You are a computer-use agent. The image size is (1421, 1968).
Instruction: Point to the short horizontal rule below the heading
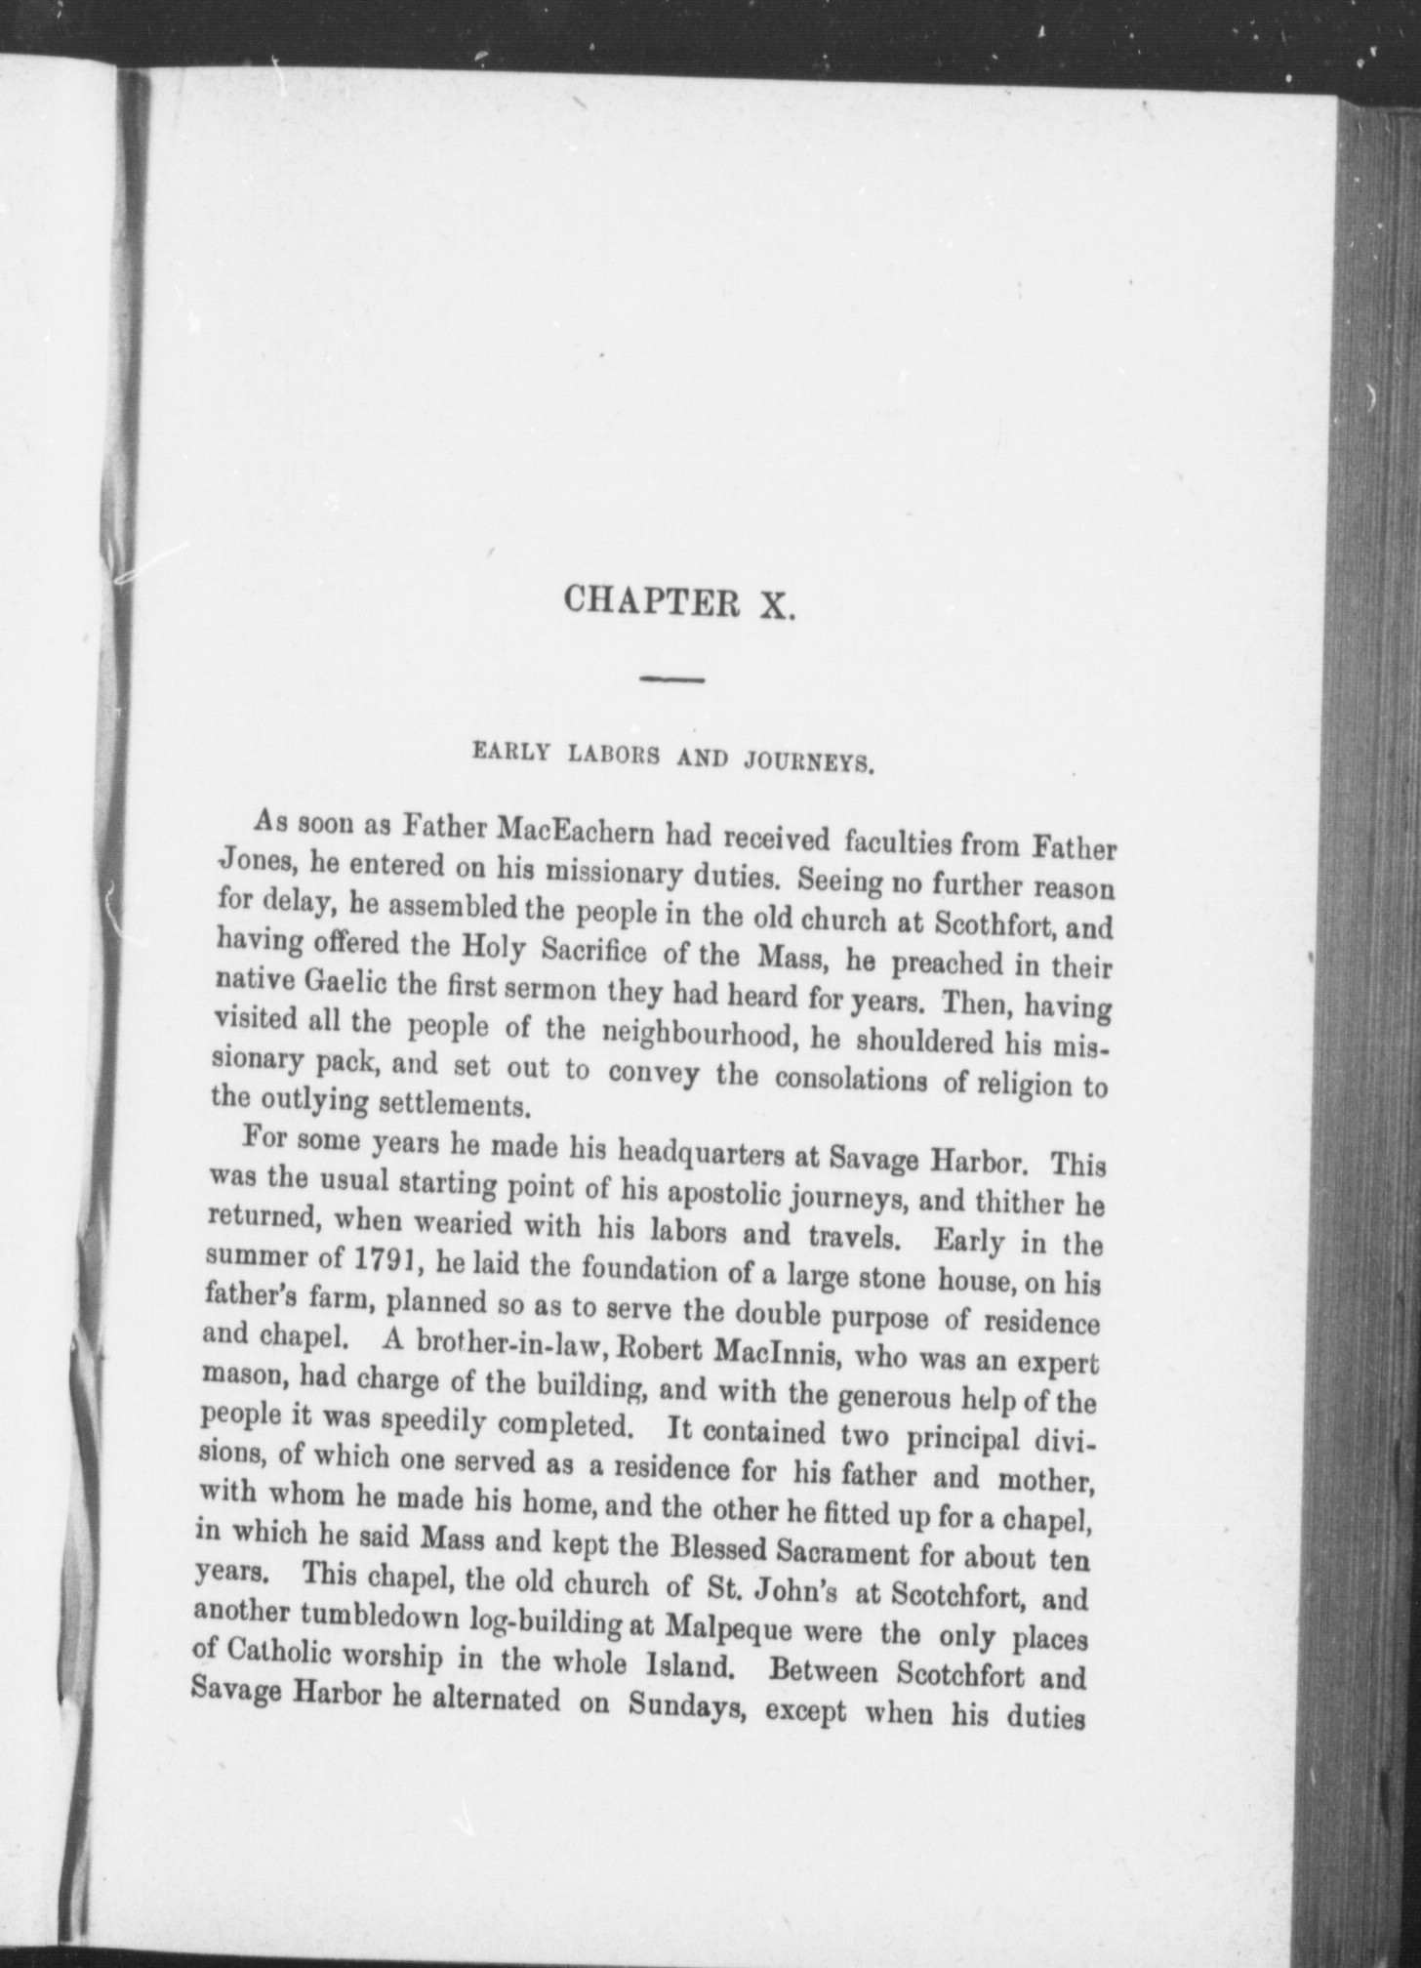[672, 678]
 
